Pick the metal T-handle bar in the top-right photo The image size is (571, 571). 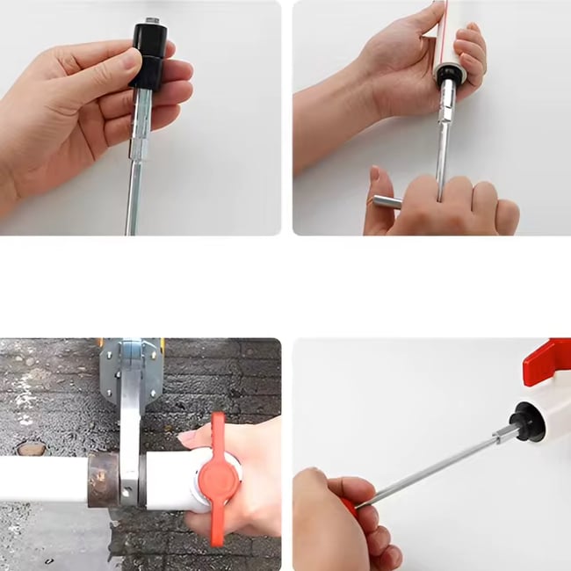386,202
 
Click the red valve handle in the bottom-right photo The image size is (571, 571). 546,360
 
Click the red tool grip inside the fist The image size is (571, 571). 351,507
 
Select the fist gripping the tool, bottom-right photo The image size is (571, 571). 338,523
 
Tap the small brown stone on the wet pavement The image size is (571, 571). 31,449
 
